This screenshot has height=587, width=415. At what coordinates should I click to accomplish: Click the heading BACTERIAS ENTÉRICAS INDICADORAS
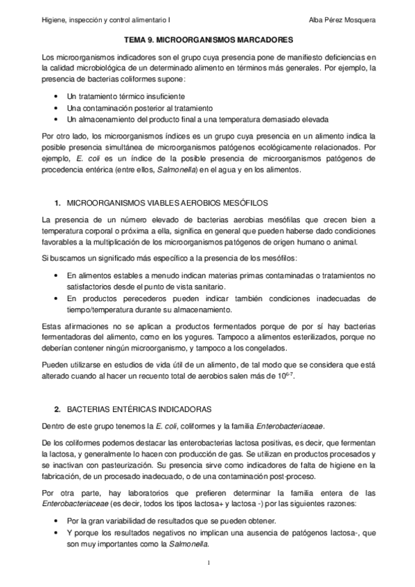coord(129,410)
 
